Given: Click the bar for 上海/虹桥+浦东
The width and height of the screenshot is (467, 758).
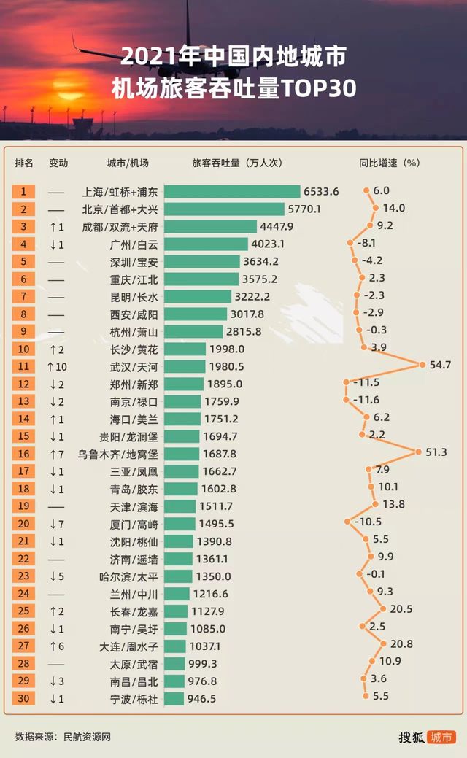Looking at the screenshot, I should (x=232, y=192).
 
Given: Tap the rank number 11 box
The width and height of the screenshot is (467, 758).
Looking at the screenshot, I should (x=23, y=366).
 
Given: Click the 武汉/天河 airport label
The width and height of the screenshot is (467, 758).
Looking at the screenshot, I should (x=123, y=366).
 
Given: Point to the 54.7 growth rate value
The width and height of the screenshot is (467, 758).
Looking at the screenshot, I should (x=440, y=364).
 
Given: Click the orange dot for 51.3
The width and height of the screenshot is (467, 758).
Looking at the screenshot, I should (x=419, y=452).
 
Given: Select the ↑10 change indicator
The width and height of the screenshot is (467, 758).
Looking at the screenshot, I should (x=58, y=366).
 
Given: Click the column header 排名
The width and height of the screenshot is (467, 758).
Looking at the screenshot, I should (x=23, y=163).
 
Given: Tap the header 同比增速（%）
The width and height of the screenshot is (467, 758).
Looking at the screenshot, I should (x=390, y=163).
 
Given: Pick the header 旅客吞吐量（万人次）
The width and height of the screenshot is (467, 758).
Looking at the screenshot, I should (x=236, y=163).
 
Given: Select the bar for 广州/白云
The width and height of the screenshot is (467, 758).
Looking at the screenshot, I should (x=206, y=244).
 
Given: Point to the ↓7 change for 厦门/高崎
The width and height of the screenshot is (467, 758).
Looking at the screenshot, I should (x=58, y=524).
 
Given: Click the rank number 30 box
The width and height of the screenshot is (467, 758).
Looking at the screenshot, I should (x=23, y=698).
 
